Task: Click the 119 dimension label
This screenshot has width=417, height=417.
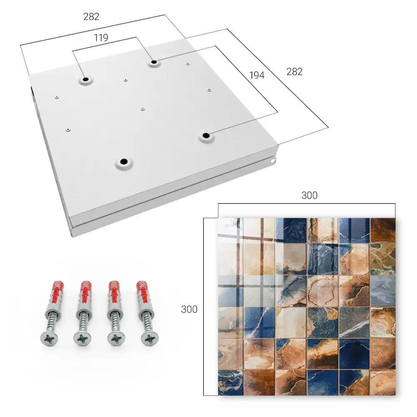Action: click(101, 38)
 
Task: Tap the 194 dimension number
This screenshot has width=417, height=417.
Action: click(257, 75)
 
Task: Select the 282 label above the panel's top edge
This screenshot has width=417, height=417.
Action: click(91, 17)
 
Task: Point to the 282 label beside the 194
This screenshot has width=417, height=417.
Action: click(294, 72)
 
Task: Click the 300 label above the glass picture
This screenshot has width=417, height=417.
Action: click(309, 195)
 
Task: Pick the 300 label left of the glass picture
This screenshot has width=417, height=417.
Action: click(189, 309)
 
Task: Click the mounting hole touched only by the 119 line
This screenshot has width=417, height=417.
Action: click(86, 80)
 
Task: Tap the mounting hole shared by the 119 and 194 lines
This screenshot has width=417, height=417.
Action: click(154, 63)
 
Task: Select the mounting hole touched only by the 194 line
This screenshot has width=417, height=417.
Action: click(205, 136)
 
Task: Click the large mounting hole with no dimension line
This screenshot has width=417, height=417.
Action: click(124, 162)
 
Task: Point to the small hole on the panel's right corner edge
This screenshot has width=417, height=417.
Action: click(273, 161)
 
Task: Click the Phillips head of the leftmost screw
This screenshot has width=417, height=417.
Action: click(49, 339)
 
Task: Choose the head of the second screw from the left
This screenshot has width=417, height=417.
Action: click(82, 339)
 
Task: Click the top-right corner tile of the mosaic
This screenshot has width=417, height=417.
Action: click(383, 230)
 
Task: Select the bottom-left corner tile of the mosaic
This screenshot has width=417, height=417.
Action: click(231, 382)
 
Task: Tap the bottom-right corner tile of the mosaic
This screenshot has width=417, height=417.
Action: click(383, 382)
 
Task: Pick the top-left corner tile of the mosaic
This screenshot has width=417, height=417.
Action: click(231, 230)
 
